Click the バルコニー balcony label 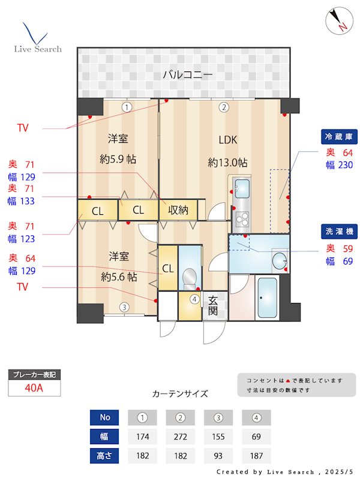click(x=188, y=76)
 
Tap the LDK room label click(x=227, y=140)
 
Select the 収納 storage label click(x=178, y=210)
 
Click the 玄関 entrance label click(x=213, y=305)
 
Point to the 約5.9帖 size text click(x=118, y=160)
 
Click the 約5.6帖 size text click(x=118, y=277)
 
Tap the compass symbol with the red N click(x=338, y=21)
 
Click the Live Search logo click(x=37, y=38)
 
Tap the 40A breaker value click(x=34, y=388)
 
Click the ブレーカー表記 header click(x=34, y=374)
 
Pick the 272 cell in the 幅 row click(x=180, y=436)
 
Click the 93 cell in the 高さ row click(x=218, y=455)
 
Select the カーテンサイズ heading click(x=180, y=394)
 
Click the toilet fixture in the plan click(x=190, y=277)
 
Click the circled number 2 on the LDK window click(x=223, y=108)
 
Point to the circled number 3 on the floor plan click(x=123, y=308)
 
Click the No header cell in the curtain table click(x=105, y=417)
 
